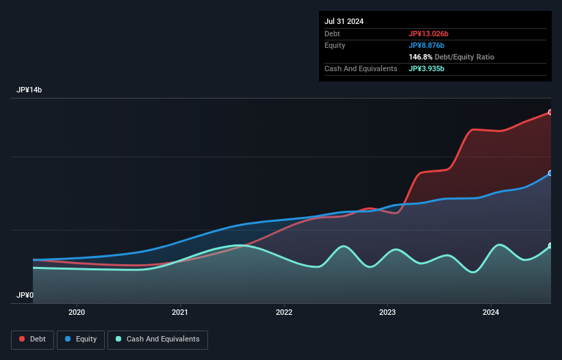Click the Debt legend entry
[33, 339]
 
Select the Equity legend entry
[81, 339]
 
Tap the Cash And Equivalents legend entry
[157, 339]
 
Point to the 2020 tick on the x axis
[77, 313]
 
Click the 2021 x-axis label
[180, 313]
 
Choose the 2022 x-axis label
[284, 313]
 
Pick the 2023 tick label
[387, 313]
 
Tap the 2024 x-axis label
[491, 313]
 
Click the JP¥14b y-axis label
[31, 90]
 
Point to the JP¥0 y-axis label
[25, 296]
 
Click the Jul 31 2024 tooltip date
[344, 21]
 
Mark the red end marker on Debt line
[550, 112]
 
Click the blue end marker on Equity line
[550, 173]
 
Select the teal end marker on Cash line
[550, 246]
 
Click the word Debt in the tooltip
[332, 34]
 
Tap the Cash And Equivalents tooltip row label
[361, 68]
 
